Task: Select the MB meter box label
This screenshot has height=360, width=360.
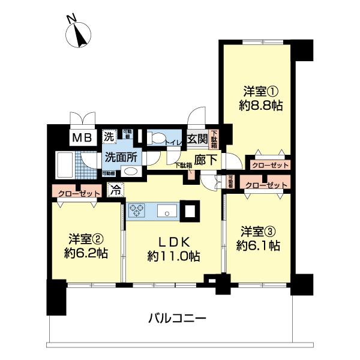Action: pos(82,137)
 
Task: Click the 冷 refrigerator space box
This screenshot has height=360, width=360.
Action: pos(115,191)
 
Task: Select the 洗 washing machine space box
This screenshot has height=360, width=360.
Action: pos(109,136)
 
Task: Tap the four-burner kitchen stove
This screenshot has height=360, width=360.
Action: pos(136,211)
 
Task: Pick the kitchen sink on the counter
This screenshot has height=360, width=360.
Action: pos(166,211)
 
